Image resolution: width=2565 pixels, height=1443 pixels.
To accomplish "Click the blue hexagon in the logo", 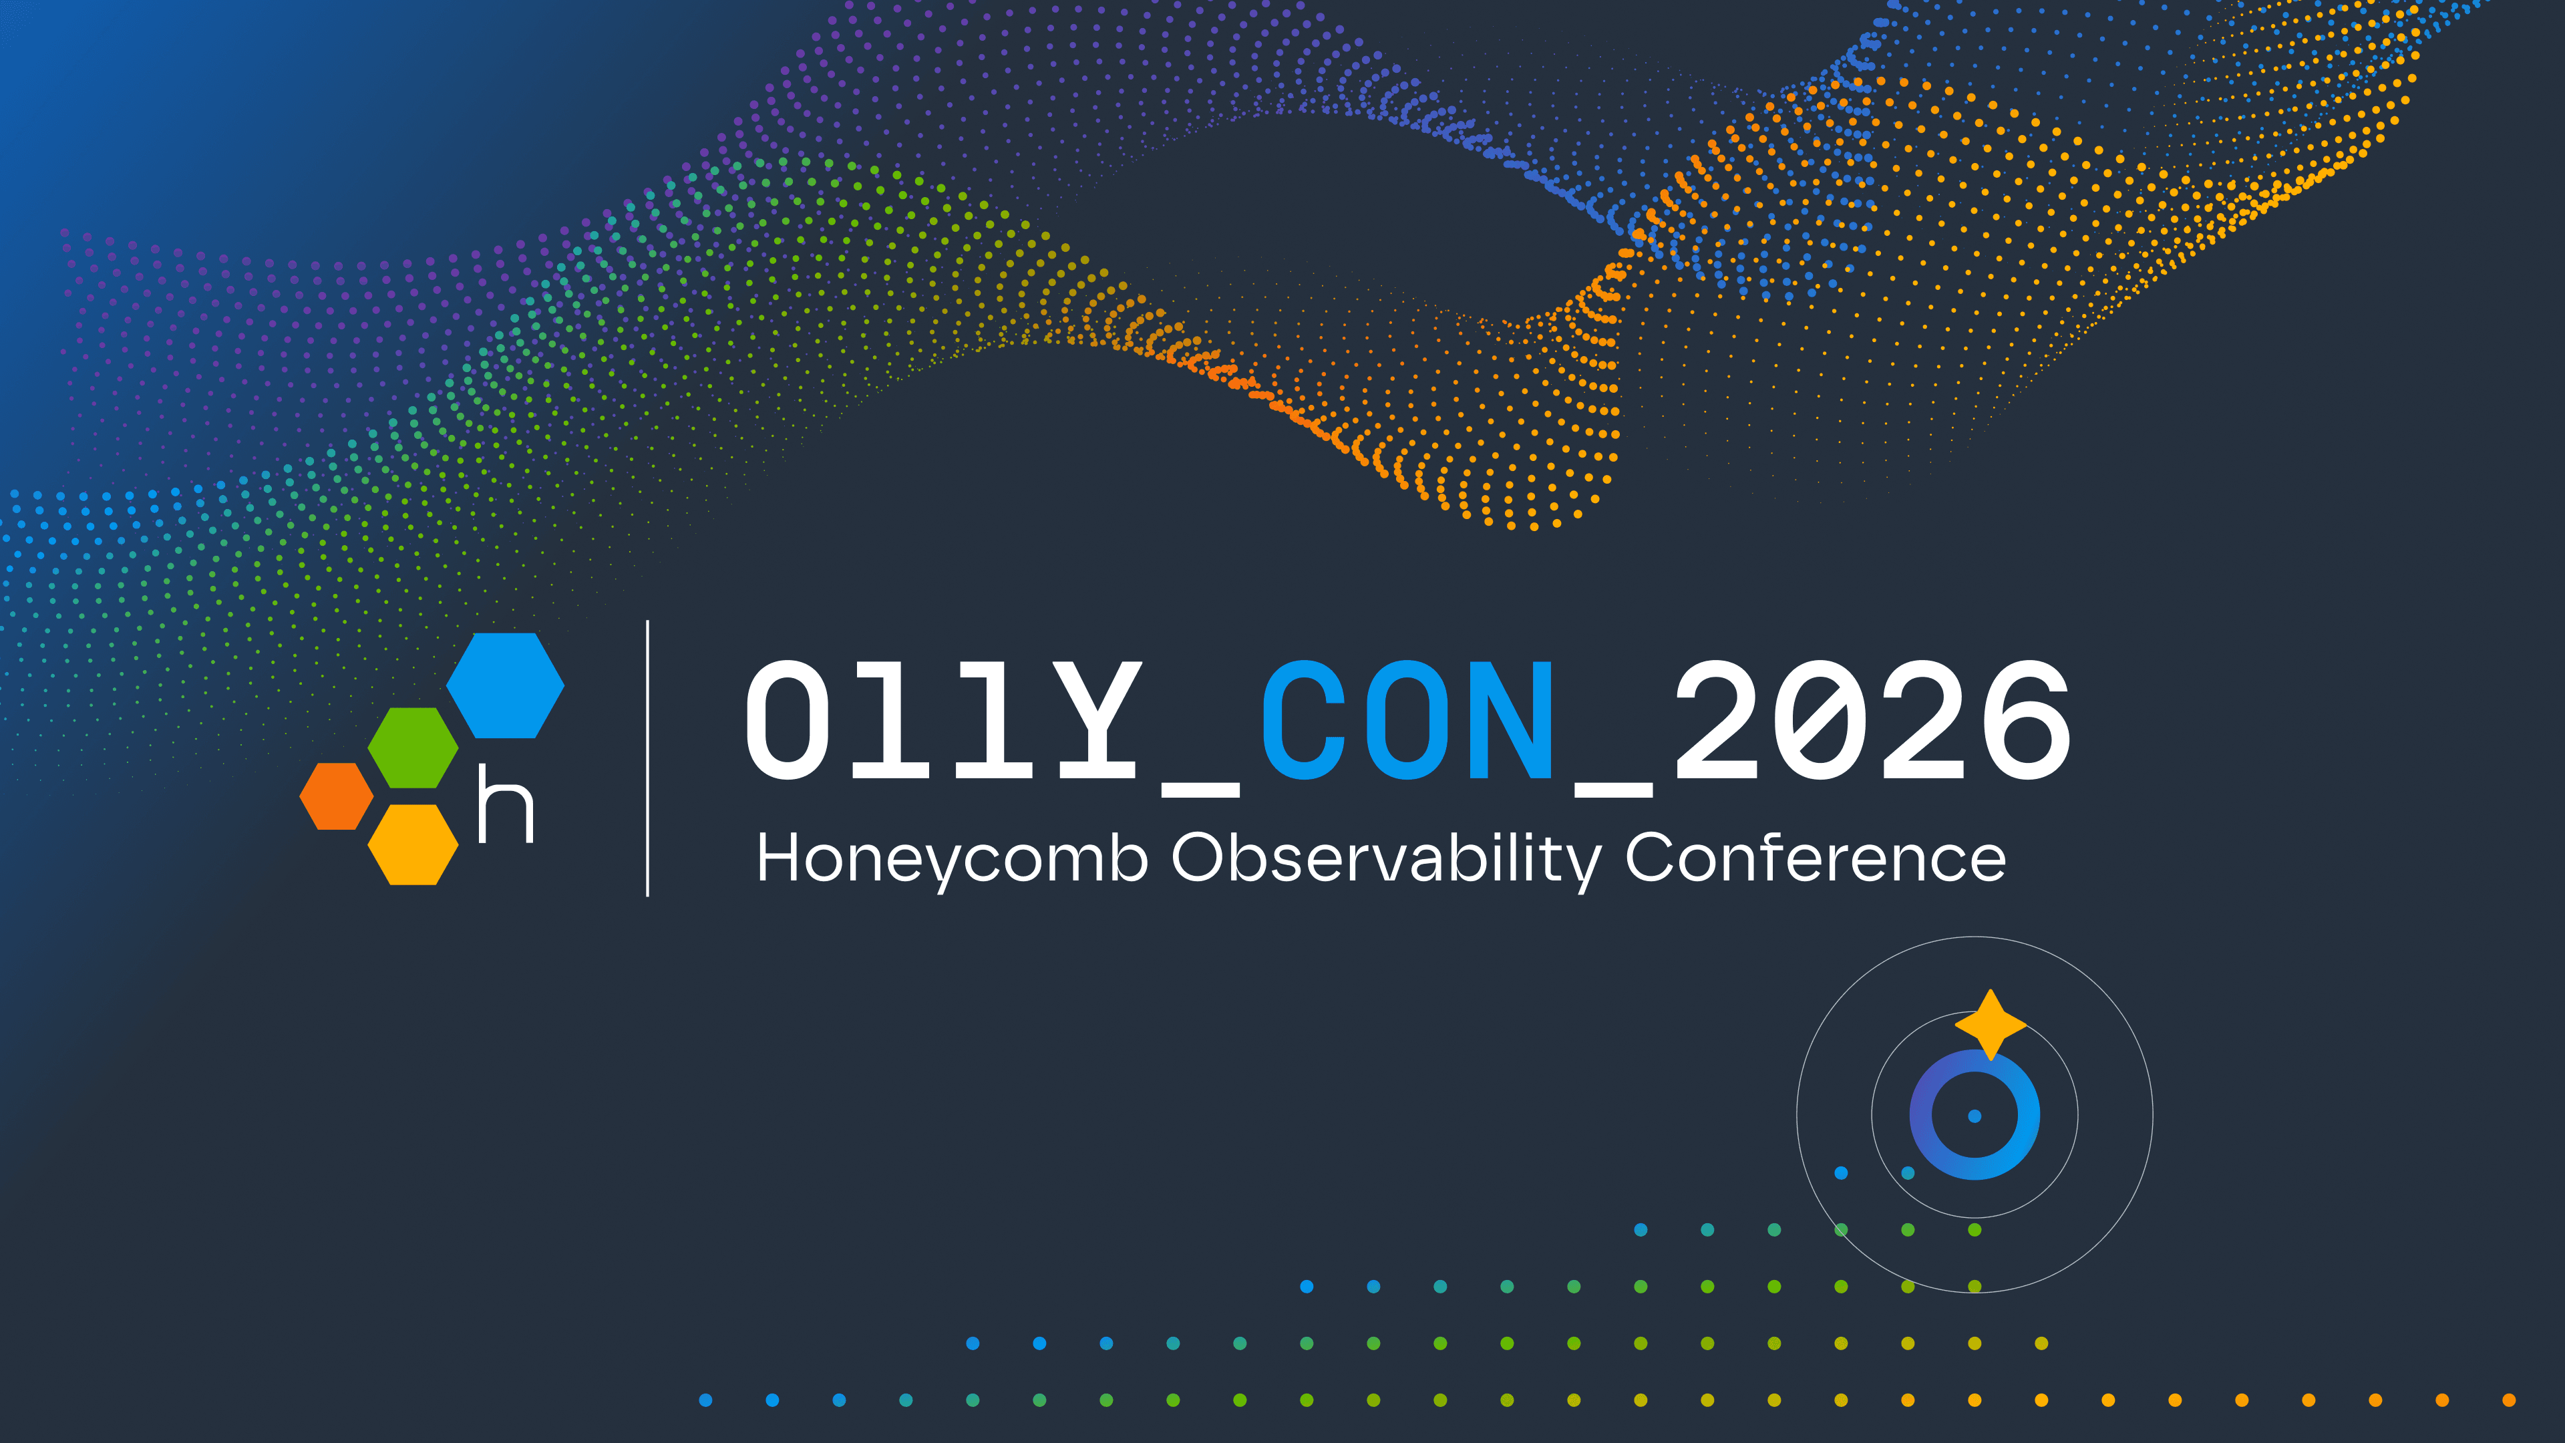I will tap(505, 685).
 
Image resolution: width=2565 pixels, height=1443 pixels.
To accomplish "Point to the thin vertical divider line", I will tap(648, 757).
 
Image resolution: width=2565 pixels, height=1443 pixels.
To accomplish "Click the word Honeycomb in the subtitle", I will tap(952, 858).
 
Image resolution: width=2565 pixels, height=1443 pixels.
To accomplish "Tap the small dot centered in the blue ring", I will tap(1975, 1116).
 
